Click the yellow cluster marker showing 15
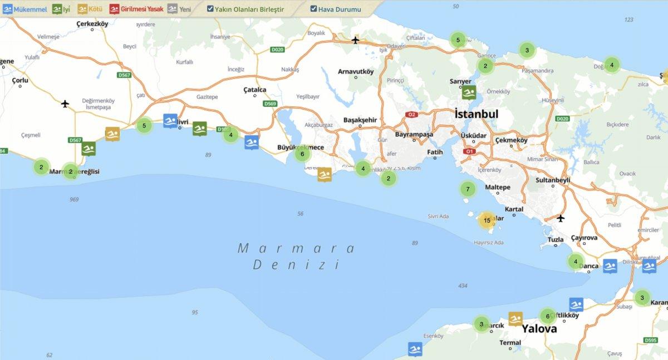[x=487, y=220]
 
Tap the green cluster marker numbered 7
[x=468, y=189]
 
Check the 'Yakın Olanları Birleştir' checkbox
[x=210, y=9]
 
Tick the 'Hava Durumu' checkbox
[x=314, y=9]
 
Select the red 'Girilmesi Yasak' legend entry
[x=136, y=9]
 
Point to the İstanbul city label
[x=476, y=114]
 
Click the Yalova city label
[x=539, y=328]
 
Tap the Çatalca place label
[x=255, y=90]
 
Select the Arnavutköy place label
[x=356, y=71]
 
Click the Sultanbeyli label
[x=553, y=180]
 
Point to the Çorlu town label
[x=19, y=80]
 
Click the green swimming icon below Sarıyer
[x=469, y=92]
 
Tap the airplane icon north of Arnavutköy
[x=356, y=40]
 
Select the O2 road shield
[x=412, y=115]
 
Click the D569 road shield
[x=270, y=103]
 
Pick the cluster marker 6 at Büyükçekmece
[x=302, y=154]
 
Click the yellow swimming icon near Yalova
[x=515, y=319]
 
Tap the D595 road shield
[x=650, y=340]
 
